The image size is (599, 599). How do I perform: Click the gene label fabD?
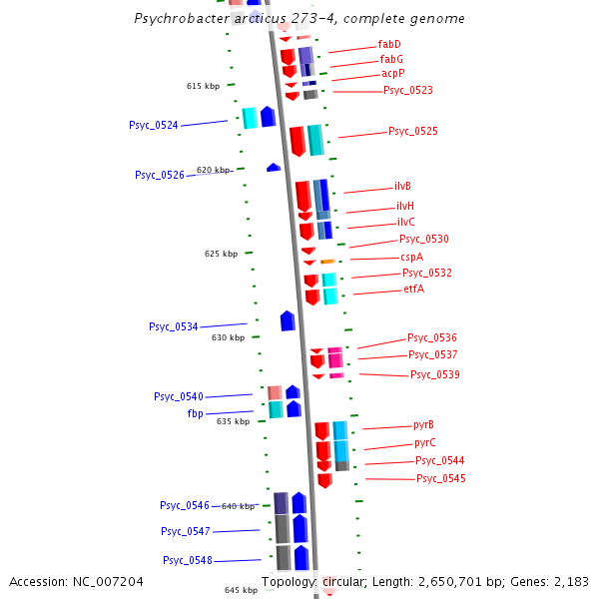(389, 45)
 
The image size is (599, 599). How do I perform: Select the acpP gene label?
(392, 74)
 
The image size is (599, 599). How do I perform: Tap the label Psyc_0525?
(412, 131)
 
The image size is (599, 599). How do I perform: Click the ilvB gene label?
(402, 187)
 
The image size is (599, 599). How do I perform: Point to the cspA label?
(411, 257)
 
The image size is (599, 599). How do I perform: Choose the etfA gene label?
(413, 290)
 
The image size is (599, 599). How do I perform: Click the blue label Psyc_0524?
(154, 126)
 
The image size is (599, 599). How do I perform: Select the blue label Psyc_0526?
(160, 176)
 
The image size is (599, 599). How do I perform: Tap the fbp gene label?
(196, 413)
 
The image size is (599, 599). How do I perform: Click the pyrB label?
(423, 425)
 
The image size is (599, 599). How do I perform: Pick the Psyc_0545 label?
(440, 479)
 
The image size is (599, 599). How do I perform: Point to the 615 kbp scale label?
(203, 86)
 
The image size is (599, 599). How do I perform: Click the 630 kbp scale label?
(228, 337)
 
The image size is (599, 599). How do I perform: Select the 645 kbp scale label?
(241, 590)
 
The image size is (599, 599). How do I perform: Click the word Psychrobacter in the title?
(180, 19)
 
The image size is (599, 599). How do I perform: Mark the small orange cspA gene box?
(327, 262)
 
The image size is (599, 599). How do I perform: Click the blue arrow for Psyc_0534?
(288, 321)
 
